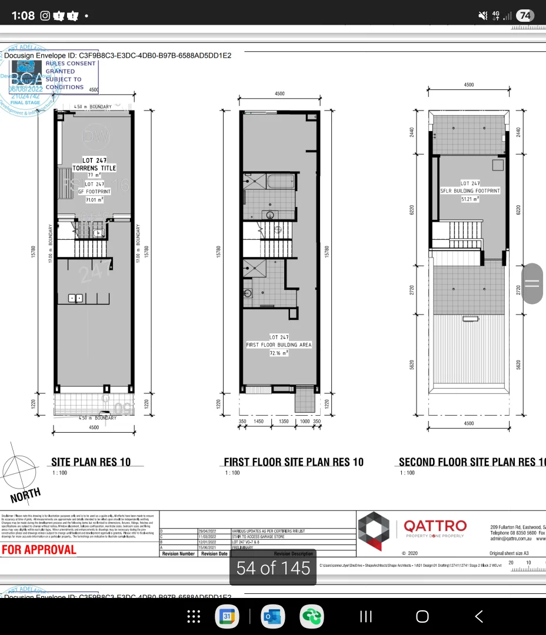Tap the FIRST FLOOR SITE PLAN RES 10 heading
click(294, 462)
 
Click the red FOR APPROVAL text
click(39, 550)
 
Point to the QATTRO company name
click(435, 525)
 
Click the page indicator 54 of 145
click(273, 568)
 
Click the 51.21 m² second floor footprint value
click(470, 199)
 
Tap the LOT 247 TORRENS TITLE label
click(98, 164)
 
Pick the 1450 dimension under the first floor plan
click(259, 421)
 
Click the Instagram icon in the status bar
click(45, 16)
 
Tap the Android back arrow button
click(478, 616)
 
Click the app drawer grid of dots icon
click(194, 616)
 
